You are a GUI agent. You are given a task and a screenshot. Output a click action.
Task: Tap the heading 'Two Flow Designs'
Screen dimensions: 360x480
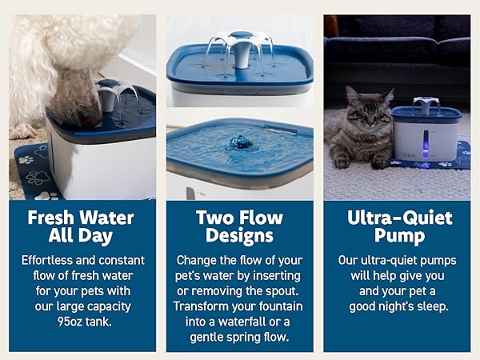click(x=240, y=226)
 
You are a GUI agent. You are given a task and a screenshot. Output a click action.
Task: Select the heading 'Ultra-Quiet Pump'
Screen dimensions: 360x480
click(x=398, y=226)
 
